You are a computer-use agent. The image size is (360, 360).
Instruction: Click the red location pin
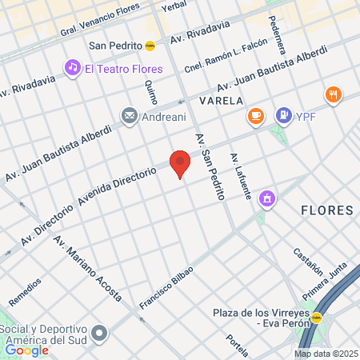click(x=181, y=163)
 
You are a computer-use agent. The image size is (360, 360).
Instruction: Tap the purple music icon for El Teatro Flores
click(x=73, y=68)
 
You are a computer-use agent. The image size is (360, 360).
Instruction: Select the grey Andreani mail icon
click(x=129, y=117)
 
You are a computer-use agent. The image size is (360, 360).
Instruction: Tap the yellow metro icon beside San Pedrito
click(x=150, y=46)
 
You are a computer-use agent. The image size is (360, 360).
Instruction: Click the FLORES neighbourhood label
click(x=326, y=210)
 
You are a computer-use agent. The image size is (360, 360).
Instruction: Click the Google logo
click(x=26, y=350)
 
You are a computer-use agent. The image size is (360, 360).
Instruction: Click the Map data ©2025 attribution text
click(x=326, y=354)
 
